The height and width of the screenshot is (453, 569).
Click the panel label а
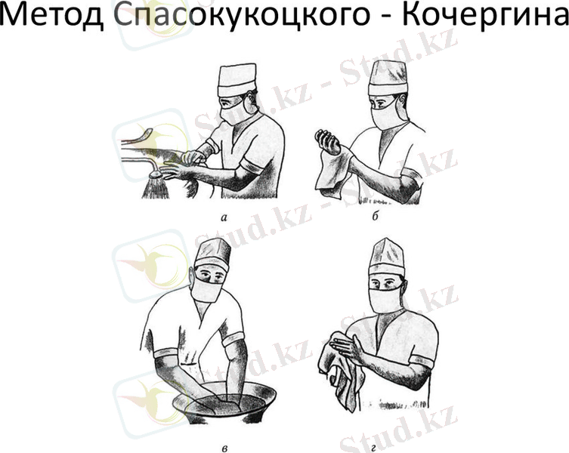point(224,218)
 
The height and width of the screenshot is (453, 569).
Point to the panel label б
point(376,217)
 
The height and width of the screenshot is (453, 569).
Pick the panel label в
point(224,449)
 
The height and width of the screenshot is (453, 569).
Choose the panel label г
point(374,449)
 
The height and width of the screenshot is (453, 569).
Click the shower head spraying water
point(156,176)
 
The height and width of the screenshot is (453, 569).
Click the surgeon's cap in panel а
point(237,80)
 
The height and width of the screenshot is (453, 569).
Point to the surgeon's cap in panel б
point(388,78)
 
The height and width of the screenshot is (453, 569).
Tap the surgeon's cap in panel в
point(212,254)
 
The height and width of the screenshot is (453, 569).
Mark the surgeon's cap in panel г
point(387,257)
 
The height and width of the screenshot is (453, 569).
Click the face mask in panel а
point(234,111)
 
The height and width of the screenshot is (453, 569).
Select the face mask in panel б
point(385,116)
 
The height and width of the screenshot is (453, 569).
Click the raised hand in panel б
point(328,141)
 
